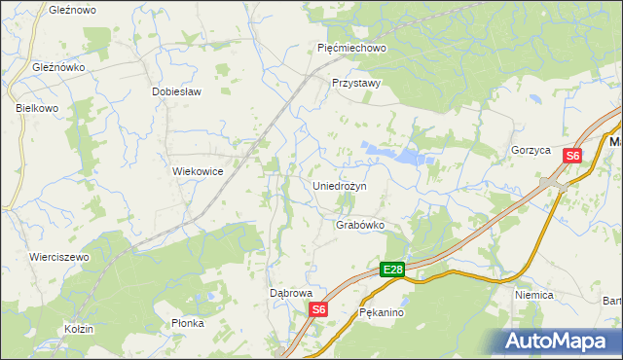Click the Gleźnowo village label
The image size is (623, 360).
71,9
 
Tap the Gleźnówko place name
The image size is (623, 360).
59,68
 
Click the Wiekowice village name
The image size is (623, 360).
199,171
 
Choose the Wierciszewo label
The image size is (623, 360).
59,257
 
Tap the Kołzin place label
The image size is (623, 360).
79,329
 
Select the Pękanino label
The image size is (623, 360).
381,314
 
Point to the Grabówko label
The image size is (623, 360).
360,225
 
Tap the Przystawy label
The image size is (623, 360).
355,84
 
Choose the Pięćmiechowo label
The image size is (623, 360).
352,47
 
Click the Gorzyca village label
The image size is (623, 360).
531,151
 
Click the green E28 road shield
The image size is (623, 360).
392,270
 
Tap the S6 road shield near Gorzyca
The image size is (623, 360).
573,156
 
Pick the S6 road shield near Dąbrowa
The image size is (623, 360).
319,309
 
